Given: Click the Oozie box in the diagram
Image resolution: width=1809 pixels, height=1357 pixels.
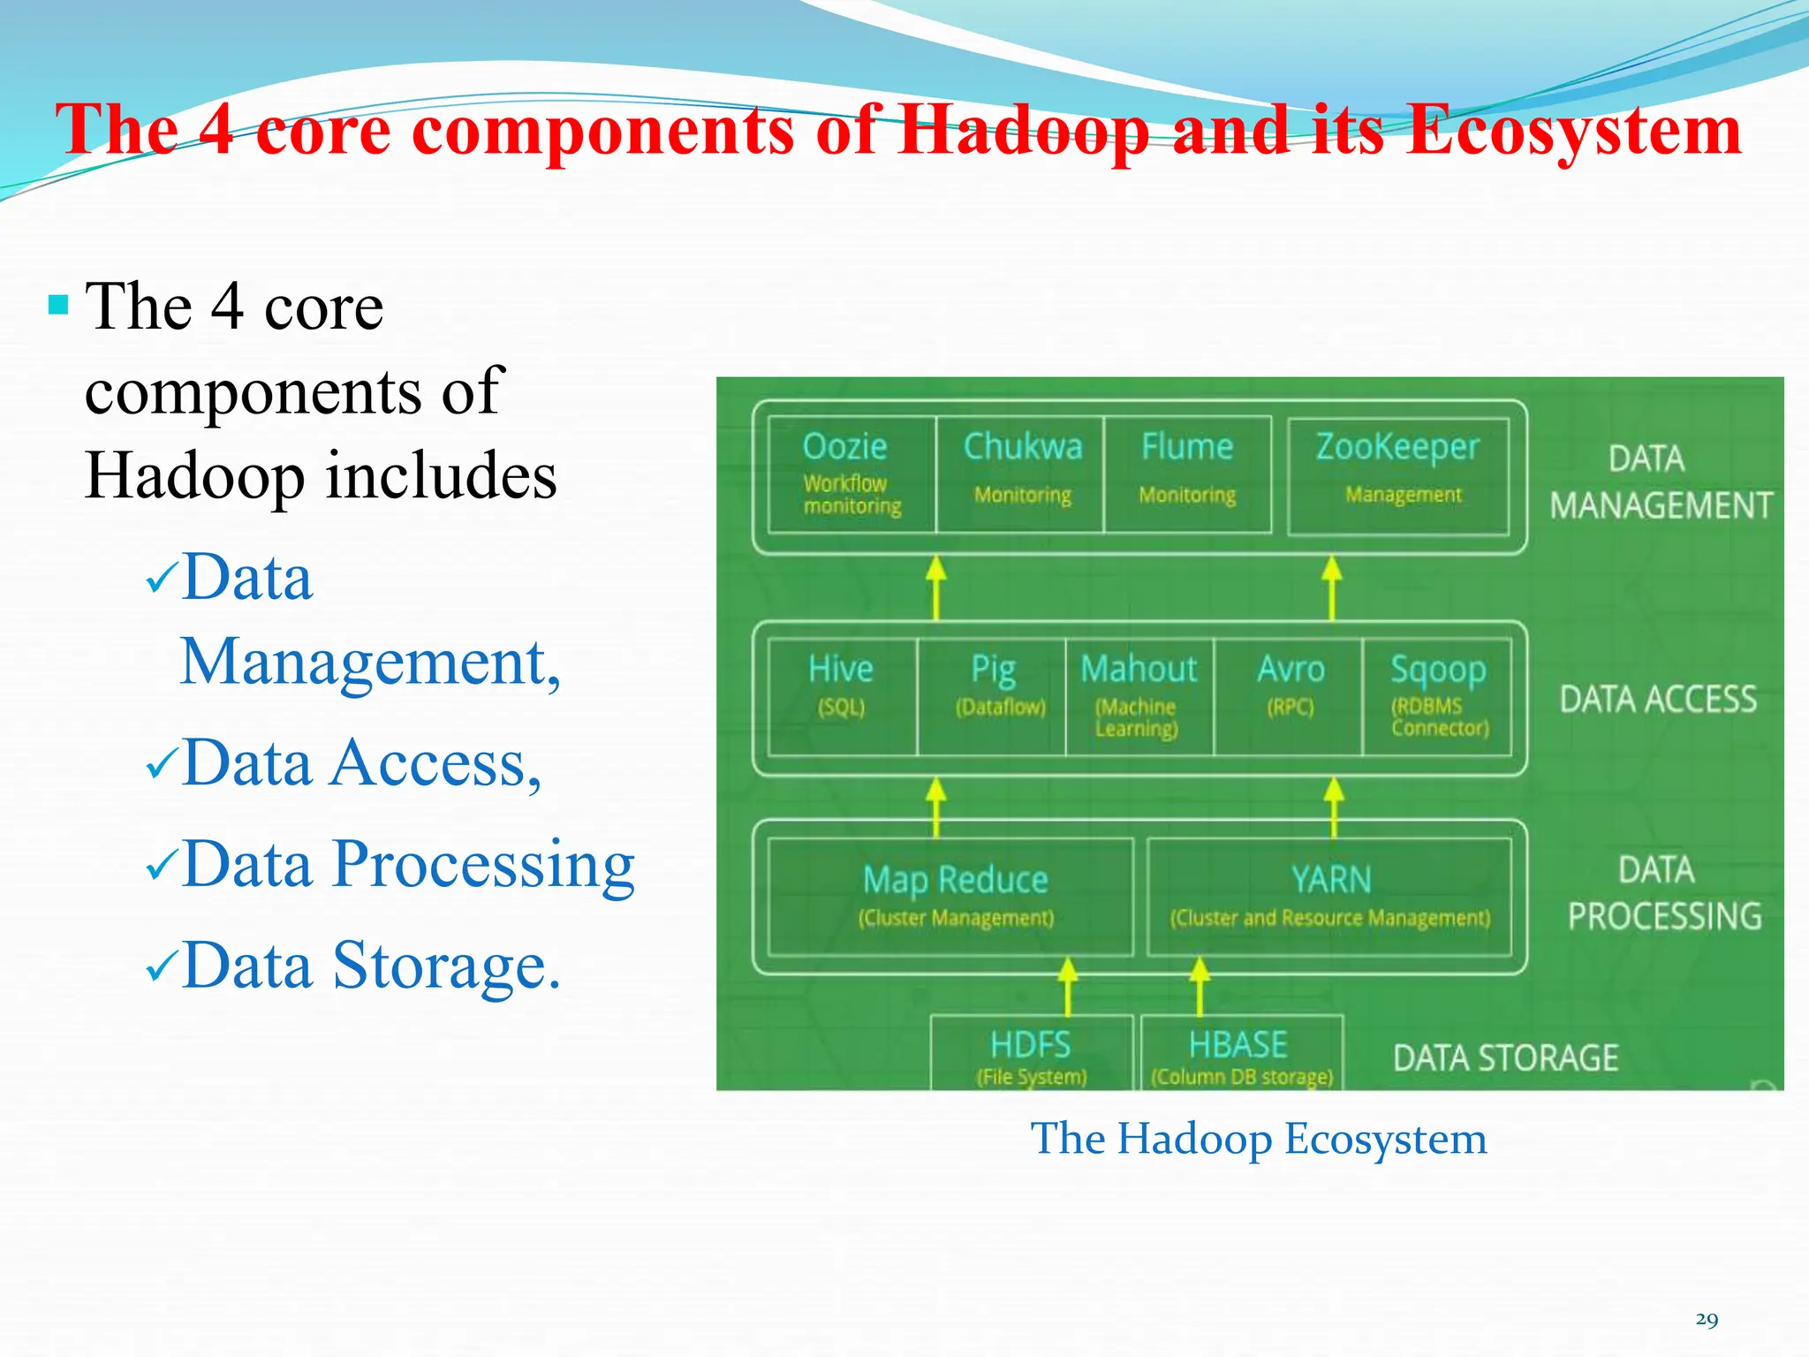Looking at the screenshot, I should tap(851, 474).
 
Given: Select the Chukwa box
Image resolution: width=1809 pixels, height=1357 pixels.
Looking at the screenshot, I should tap(1020, 474).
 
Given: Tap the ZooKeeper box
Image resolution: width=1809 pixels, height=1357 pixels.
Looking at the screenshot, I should tap(1398, 474).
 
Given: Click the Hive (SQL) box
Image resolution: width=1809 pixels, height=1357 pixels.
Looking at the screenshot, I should tap(842, 697).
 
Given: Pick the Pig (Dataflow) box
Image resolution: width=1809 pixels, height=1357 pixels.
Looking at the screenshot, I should tap(992, 697).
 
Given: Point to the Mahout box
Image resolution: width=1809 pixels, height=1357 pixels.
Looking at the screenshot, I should tap(1139, 697).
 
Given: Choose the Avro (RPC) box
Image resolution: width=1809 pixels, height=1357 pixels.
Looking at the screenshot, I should tap(1289, 697).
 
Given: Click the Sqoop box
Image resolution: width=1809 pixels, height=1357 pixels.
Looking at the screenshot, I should tap(1437, 697).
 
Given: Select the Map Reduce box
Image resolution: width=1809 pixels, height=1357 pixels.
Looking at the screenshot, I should tap(951, 896).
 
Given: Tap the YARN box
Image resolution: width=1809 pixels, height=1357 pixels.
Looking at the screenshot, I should tap(1329, 896).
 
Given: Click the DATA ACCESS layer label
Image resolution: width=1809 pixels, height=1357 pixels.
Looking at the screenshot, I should tap(1658, 699).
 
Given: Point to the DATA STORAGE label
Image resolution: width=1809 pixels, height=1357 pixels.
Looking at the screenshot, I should tap(1505, 1058).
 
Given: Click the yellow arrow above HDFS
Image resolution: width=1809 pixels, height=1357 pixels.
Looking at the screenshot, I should tap(1068, 986).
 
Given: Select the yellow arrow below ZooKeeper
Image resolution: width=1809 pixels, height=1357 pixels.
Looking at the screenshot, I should tap(1331, 587).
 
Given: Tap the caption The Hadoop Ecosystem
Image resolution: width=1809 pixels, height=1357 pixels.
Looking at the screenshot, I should tap(1259, 1138).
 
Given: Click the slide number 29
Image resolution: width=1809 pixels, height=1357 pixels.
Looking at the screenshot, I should tap(1707, 1319).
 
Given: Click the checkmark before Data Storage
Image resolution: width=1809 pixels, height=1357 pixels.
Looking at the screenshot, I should tap(163, 967).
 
